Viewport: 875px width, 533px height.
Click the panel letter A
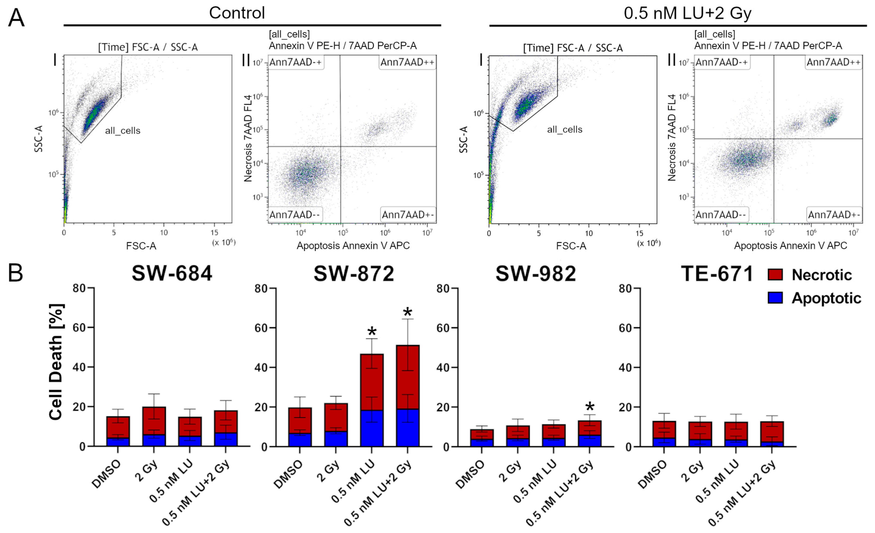point(16,18)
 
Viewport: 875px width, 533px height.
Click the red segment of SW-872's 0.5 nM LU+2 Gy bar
point(408,377)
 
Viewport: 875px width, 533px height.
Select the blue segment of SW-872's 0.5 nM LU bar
point(372,428)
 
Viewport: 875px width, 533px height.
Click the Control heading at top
point(237,13)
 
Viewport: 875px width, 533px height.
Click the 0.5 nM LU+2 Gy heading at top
point(688,13)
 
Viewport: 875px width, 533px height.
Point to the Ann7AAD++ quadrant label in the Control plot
point(407,63)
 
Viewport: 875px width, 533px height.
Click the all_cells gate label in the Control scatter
point(123,131)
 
